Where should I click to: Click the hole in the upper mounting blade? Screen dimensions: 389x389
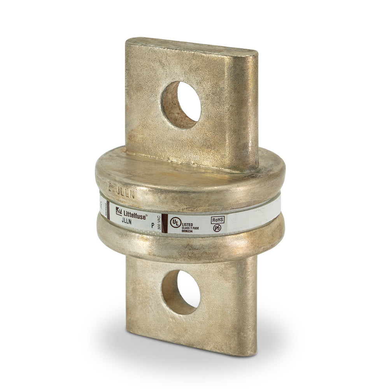(x=181, y=105)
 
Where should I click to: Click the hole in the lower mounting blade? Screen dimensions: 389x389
(x=181, y=292)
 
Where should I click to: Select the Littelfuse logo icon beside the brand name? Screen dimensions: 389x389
(x=119, y=211)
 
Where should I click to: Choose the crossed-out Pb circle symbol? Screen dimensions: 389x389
(x=217, y=228)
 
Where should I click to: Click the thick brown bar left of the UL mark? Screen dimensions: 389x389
(x=165, y=223)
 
